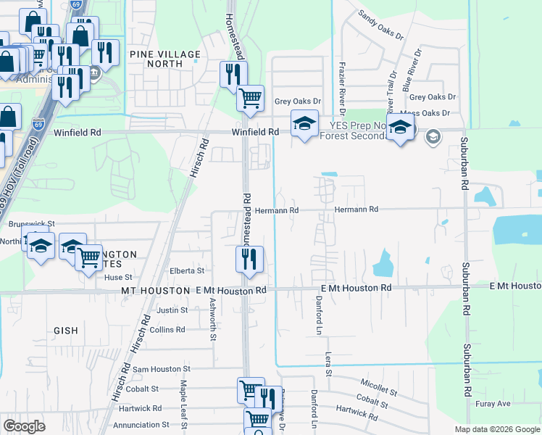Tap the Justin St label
[x=172, y=310]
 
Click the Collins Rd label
[x=167, y=329]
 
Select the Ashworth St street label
[x=213, y=319]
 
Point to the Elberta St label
[x=187, y=271]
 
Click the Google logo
[x=25, y=426]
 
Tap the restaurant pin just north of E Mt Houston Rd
[x=249, y=259]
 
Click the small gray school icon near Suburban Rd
[x=433, y=136]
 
